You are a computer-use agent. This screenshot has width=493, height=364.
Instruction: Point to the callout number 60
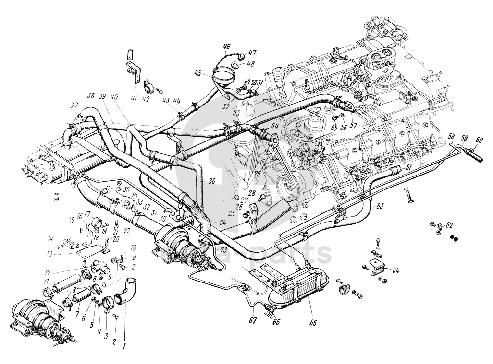coord(479,140)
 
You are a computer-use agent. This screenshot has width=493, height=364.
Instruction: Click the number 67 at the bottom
coord(252,320)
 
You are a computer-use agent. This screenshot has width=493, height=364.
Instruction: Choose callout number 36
coord(211,182)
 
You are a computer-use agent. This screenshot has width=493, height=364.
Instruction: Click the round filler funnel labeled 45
coord(224,76)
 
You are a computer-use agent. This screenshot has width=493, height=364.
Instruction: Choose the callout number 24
coord(223,222)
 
